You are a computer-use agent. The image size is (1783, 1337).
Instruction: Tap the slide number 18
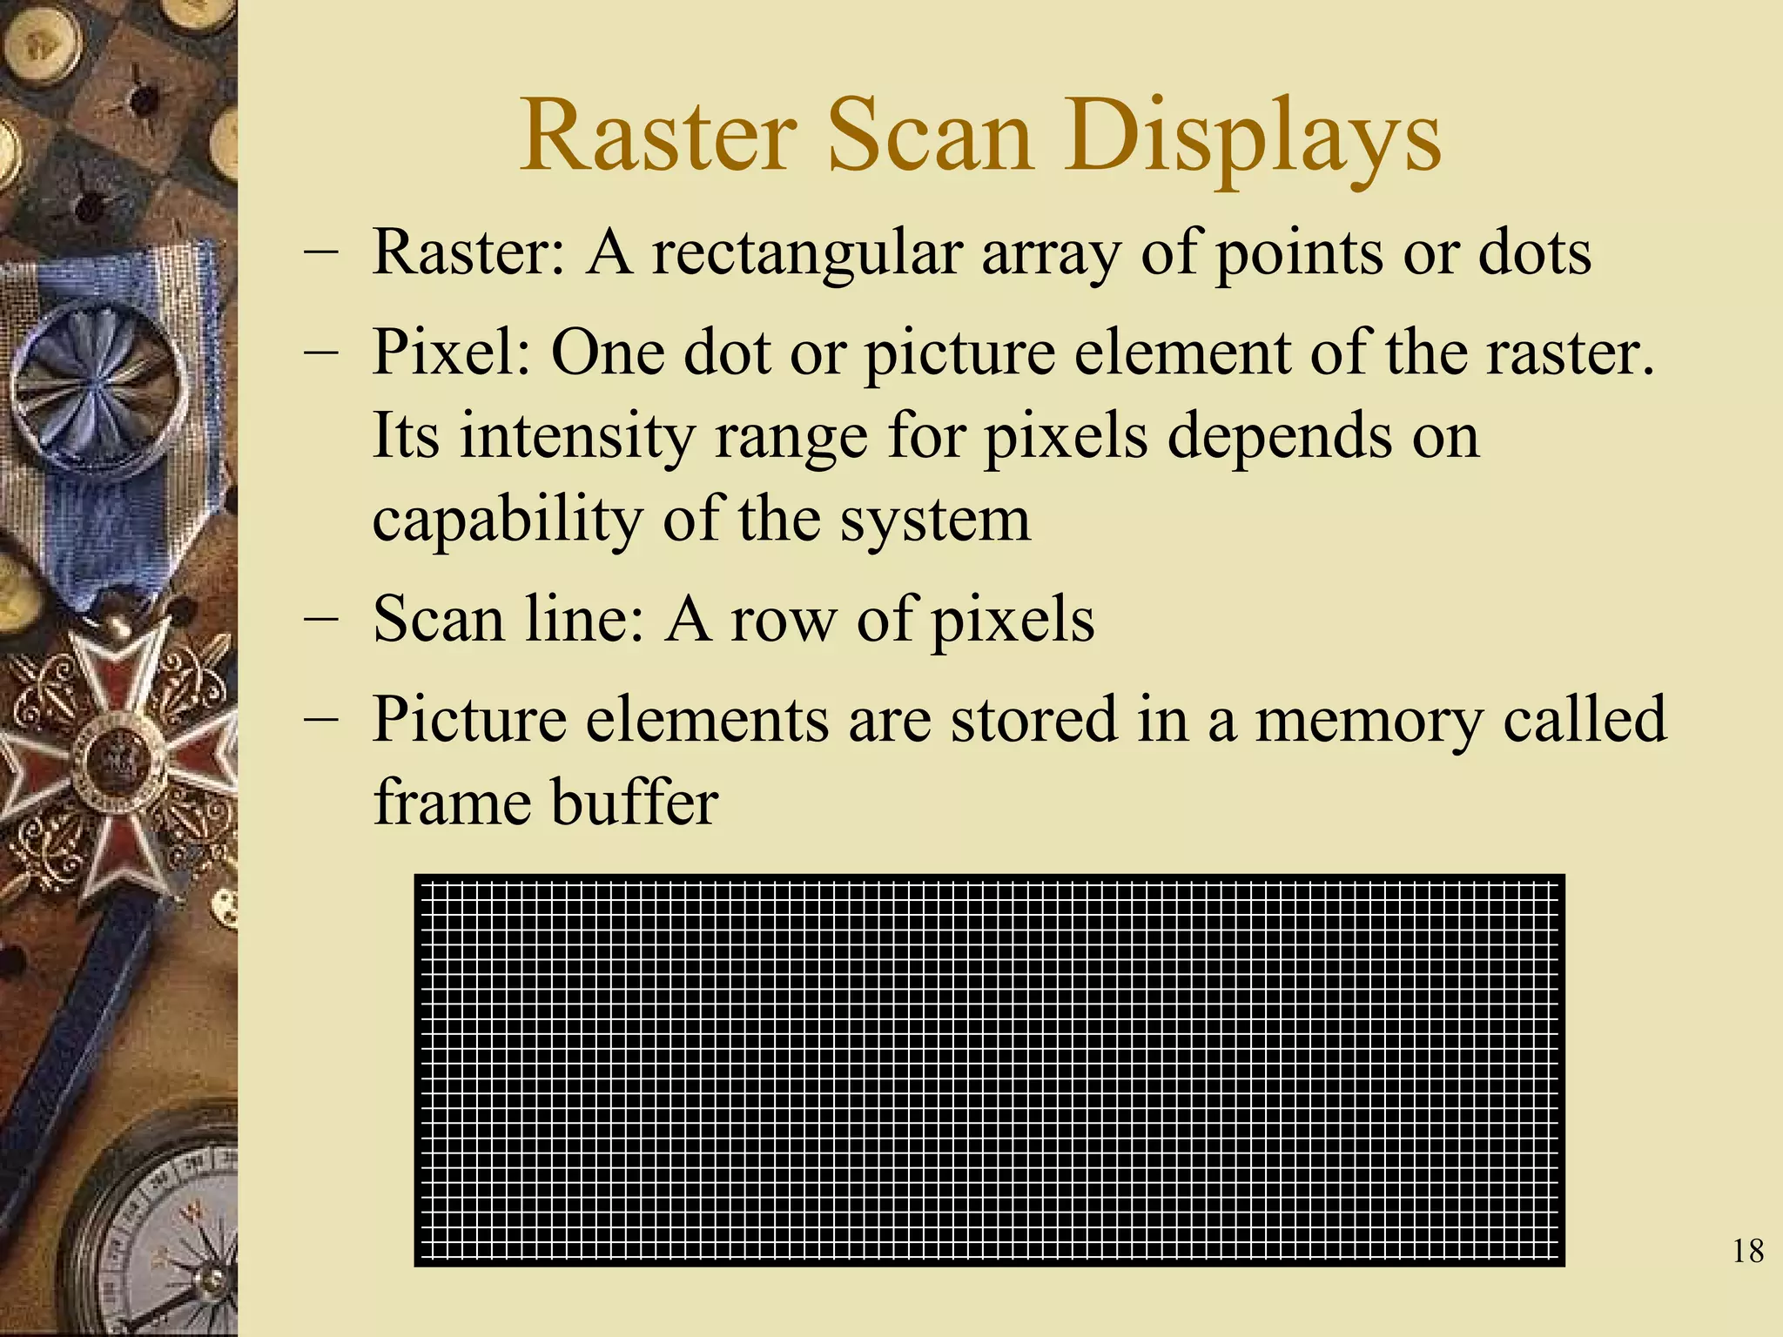tap(1748, 1252)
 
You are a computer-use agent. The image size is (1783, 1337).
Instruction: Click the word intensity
tap(577, 437)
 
